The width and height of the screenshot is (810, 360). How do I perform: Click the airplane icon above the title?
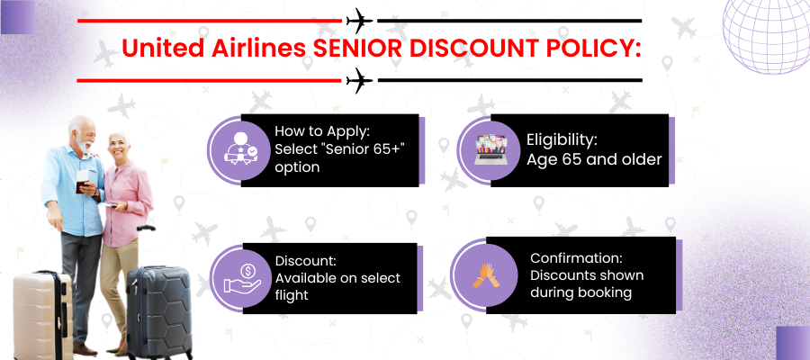[x=359, y=21]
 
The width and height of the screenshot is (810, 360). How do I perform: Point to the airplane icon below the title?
[x=359, y=81]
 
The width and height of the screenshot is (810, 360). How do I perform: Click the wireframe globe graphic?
[x=767, y=37]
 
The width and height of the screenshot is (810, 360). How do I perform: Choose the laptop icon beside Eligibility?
[x=490, y=150]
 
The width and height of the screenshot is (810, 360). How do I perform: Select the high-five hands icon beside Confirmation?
[x=485, y=275]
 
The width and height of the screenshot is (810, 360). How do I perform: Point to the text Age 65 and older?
[x=594, y=159]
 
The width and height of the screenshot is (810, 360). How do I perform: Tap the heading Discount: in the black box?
[x=306, y=261]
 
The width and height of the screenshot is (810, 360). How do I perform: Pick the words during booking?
[x=581, y=292]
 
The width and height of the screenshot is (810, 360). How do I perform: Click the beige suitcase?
[x=43, y=314]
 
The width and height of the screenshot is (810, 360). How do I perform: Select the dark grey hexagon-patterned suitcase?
[x=158, y=312]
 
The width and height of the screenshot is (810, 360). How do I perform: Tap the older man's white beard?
[x=84, y=144]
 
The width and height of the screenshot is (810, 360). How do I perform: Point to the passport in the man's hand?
[x=81, y=184]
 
